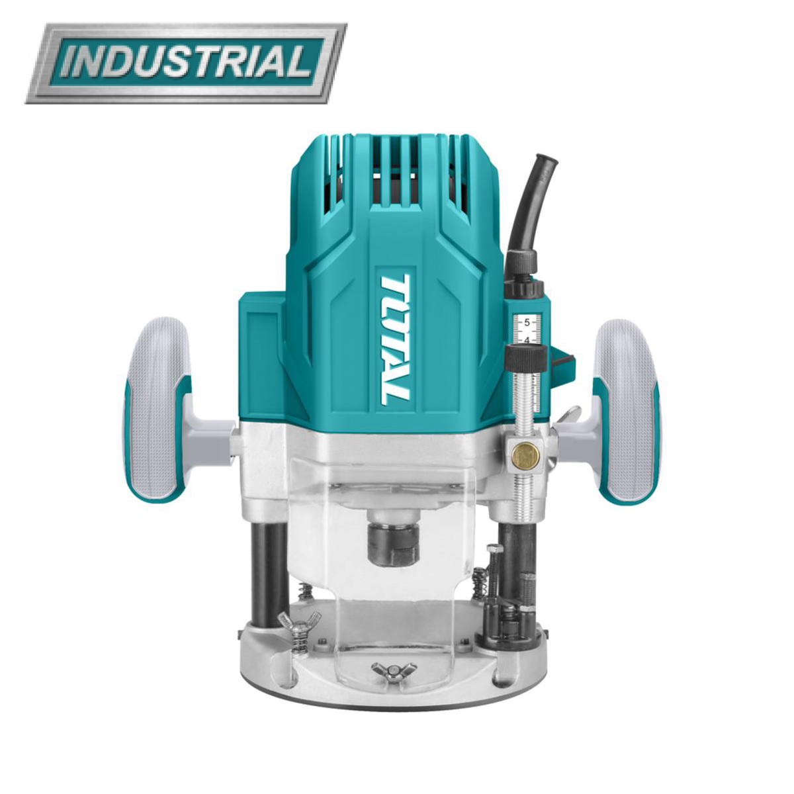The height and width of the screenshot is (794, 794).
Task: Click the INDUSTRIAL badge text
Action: pyautogui.click(x=186, y=63)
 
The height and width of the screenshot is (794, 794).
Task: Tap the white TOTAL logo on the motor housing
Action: pyautogui.click(x=395, y=339)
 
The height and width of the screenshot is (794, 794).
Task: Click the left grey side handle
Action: pyautogui.click(x=159, y=410)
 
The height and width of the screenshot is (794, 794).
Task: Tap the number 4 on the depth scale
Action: pyautogui.click(x=526, y=340)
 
